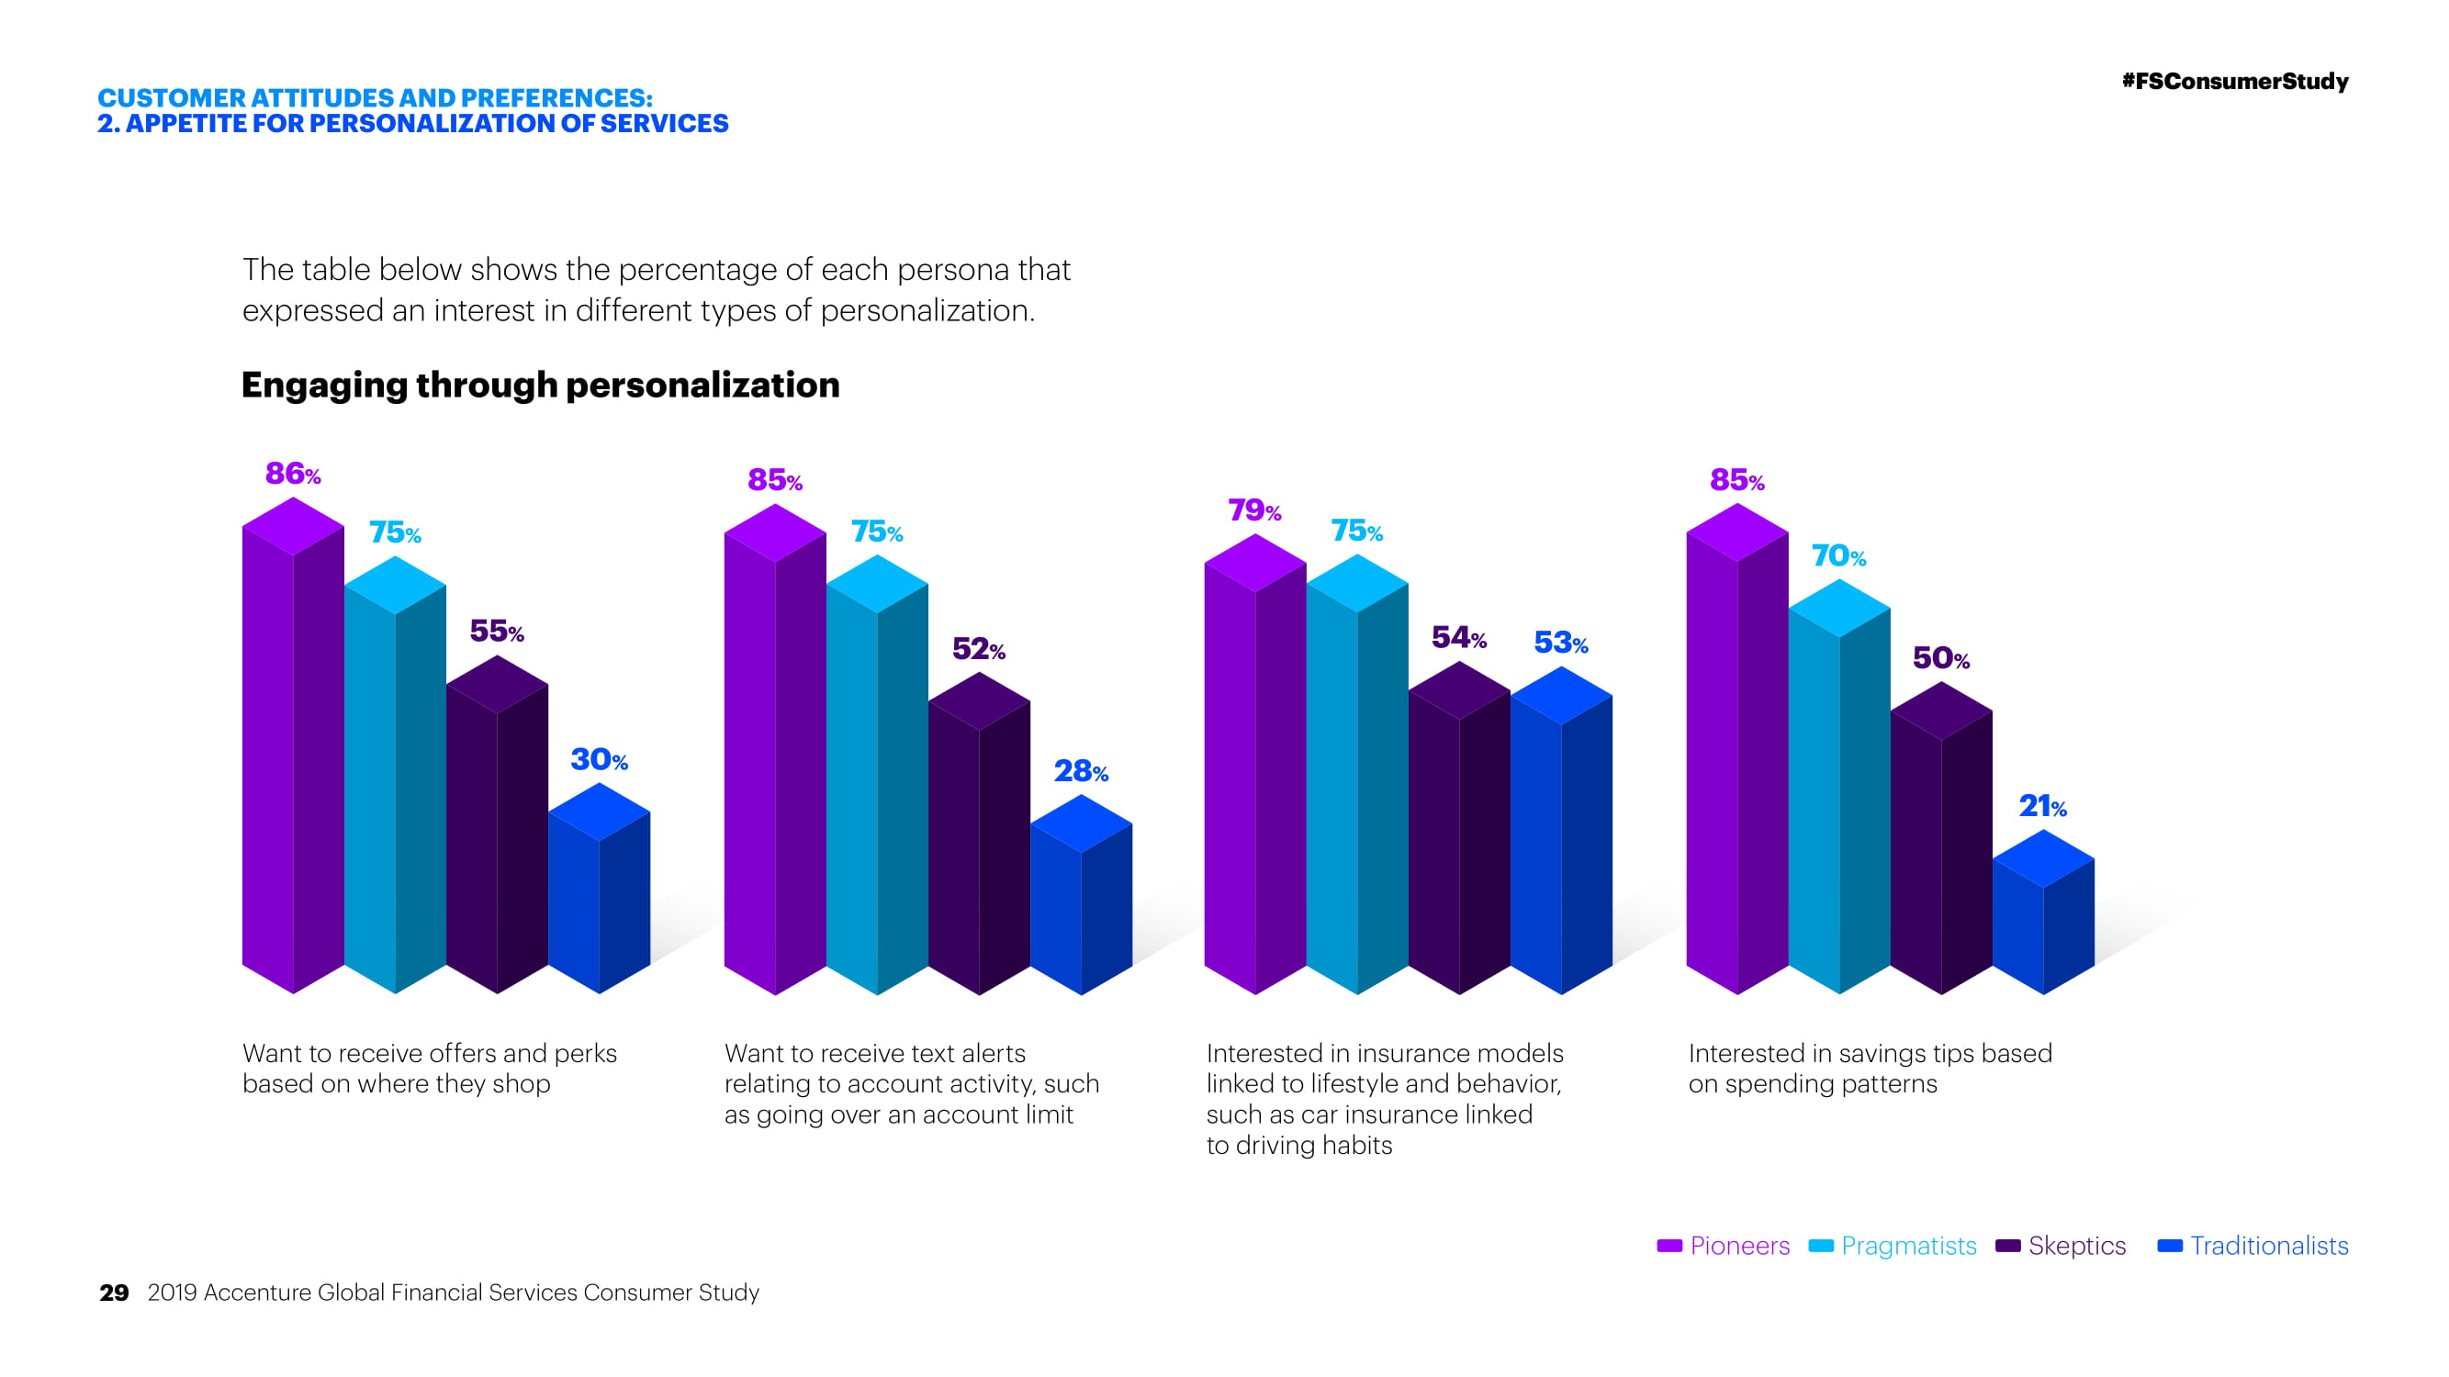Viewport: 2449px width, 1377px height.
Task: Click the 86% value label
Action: pos(293,474)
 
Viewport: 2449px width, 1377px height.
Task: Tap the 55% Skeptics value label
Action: pos(496,631)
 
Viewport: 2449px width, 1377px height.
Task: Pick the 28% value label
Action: pos(1081,771)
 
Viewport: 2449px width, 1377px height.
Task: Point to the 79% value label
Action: pos(1254,510)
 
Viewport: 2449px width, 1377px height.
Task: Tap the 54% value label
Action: pos(1458,638)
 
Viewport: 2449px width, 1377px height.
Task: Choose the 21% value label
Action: pos(2042,807)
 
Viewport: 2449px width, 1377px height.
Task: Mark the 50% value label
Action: pos(1940,657)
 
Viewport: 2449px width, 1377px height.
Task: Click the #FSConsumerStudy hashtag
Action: pos(2234,82)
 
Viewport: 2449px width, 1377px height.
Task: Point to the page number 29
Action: pos(114,1293)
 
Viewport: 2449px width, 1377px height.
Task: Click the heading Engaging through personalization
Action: pos(540,385)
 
